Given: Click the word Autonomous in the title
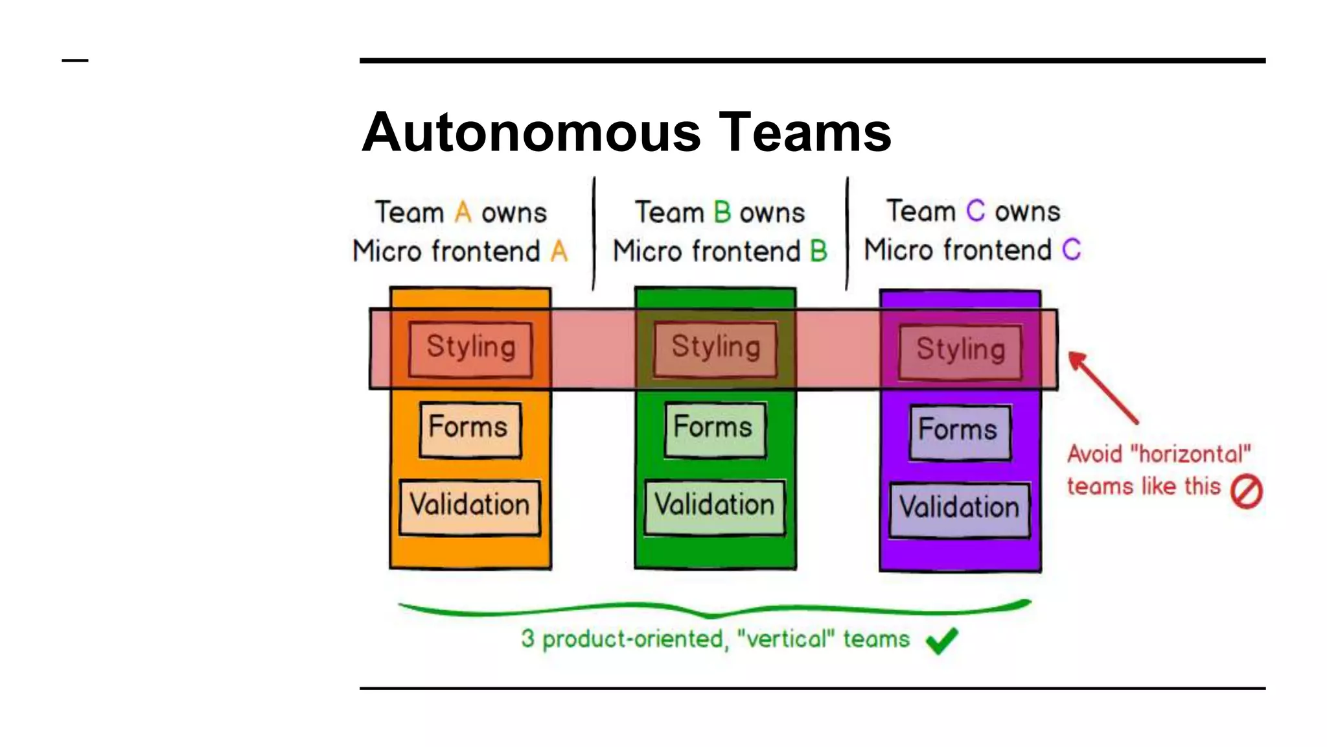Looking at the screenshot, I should [531, 132].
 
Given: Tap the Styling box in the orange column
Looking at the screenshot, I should [471, 348].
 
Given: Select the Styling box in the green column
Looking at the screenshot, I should [715, 348].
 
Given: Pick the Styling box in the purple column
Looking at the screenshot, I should [960, 351].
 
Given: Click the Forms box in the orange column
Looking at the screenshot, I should [470, 429].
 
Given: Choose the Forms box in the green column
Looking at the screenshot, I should [715, 429].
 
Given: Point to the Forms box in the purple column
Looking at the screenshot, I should [960, 431].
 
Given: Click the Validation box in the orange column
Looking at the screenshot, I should [470, 506].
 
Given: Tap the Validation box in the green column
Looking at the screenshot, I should [715, 506].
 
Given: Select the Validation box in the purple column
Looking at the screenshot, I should [960, 509].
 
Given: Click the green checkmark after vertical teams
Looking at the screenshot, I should [941, 641].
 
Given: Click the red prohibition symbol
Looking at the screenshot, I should [1246, 492].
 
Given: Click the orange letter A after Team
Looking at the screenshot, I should [463, 213].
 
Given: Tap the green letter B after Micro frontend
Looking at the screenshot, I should [818, 252].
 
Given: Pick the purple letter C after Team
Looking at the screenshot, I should [975, 211].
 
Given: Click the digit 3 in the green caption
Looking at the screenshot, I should [528, 639].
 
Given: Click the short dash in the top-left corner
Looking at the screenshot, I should [75, 60].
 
